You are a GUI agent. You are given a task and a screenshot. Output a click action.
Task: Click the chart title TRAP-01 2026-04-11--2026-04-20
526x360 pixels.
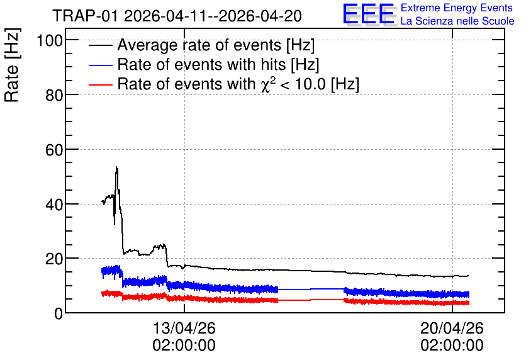tap(177, 16)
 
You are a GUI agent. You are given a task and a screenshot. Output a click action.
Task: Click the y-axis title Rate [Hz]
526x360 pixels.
tap(12, 65)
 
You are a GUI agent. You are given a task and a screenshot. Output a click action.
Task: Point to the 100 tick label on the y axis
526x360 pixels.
tap(50, 41)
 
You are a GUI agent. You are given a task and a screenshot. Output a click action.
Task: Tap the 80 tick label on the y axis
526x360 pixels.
tap(54, 95)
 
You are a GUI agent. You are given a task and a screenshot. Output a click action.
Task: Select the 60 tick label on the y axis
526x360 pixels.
tap(54, 150)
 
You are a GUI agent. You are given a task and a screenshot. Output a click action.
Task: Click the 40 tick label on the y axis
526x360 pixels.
tap(54, 205)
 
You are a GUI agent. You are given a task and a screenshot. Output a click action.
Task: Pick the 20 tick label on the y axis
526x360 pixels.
tap(54, 259)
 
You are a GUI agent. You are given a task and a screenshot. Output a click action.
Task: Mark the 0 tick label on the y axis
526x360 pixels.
tap(59, 313)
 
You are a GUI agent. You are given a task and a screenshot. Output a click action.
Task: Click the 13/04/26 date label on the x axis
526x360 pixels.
tap(184, 328)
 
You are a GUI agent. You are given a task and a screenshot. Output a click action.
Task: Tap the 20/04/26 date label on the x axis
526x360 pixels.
tap(452, 328)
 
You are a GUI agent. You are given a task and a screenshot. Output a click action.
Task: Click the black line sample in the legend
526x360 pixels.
tap(100, 45)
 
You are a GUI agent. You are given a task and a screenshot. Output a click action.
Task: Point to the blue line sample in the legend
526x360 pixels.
tap(100, 65)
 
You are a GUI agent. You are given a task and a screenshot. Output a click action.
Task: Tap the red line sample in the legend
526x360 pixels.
tap(100, 84)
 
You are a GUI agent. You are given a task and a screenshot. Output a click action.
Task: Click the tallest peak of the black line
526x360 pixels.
tap(116, 167)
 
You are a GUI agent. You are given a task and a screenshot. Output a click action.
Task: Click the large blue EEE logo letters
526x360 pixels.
tap(369, 14)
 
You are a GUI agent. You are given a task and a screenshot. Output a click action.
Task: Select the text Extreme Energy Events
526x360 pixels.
tap(457, 8)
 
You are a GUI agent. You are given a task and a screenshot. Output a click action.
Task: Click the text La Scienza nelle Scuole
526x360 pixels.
tap(457, 21)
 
